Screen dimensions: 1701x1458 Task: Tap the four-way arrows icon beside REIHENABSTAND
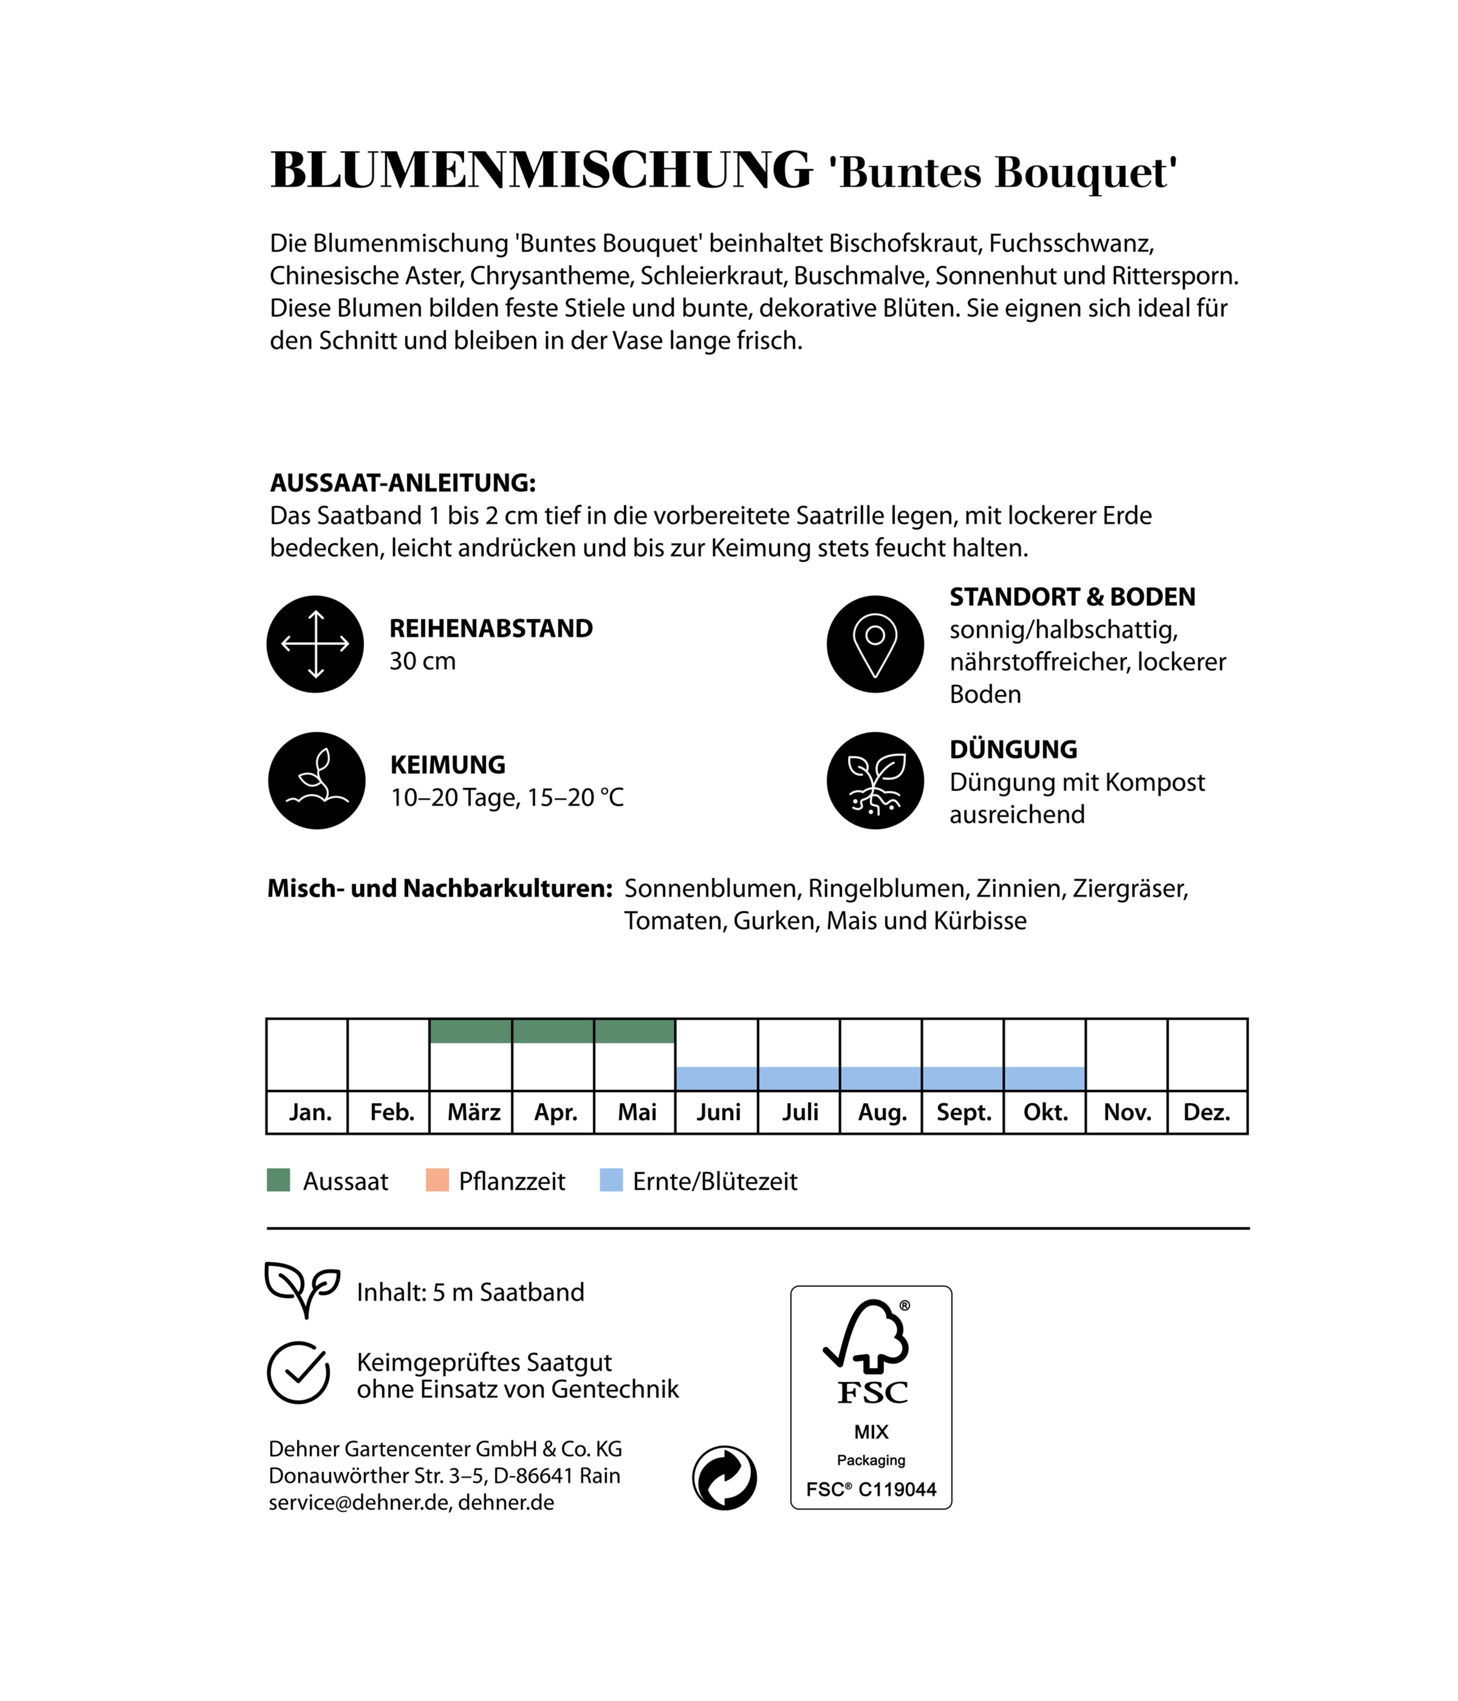coord(315,644)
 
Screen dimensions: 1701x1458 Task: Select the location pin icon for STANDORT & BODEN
coord(875,644)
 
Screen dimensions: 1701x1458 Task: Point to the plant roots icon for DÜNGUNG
coord(875,781)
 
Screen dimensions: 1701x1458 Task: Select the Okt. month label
coord(1045,1112)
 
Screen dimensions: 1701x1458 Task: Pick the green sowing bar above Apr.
coord(552,1031)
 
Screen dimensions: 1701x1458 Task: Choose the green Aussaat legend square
coord(278,1180)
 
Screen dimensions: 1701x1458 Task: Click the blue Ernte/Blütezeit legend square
coord(611,1180)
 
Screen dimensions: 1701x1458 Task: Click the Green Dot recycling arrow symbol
coord(724,1478)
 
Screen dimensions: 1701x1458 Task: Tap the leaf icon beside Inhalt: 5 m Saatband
coord(301,1290)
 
